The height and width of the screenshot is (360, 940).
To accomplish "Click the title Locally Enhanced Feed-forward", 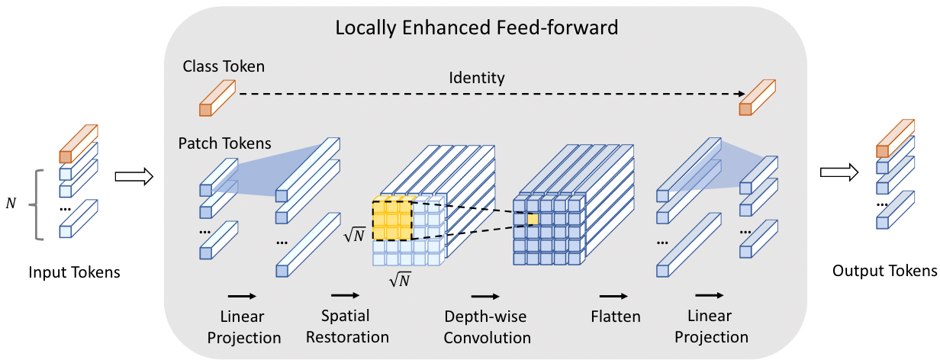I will coord(476,28).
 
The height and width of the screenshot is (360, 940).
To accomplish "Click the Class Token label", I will coord(224,66).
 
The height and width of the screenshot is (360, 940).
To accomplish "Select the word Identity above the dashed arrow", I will coord(477,77).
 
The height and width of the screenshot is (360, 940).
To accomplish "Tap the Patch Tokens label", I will coord(225,143).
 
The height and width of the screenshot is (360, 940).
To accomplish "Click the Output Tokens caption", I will coord(884,271).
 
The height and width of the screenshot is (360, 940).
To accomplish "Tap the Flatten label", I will coord(615,315).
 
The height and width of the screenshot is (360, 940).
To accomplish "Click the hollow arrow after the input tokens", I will coord(134,177).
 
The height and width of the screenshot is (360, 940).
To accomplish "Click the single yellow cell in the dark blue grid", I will coord(533,220).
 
